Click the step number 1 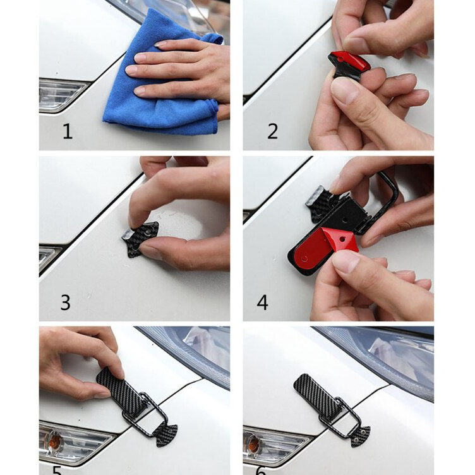point(67,131)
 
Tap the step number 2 point(272,131)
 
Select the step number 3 point(65,303)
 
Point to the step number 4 point(262,303)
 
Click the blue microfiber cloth point(158,95)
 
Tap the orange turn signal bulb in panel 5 point(54,436)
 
